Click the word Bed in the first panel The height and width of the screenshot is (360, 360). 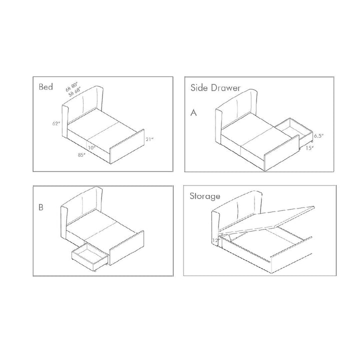pyautogui.click(x=46, y=87)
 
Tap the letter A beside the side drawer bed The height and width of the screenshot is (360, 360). pyautogui.click(x=193, y=113)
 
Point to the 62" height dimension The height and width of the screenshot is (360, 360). pyautogui.click(x=55, y=123)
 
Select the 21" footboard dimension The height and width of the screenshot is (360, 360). pyautogui.click(x=148, y=139)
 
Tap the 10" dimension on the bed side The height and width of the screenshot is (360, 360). pyautogui.click(x=91, y=147)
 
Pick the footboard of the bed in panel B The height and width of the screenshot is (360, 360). pyautogui.click(x=127, y=250)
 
